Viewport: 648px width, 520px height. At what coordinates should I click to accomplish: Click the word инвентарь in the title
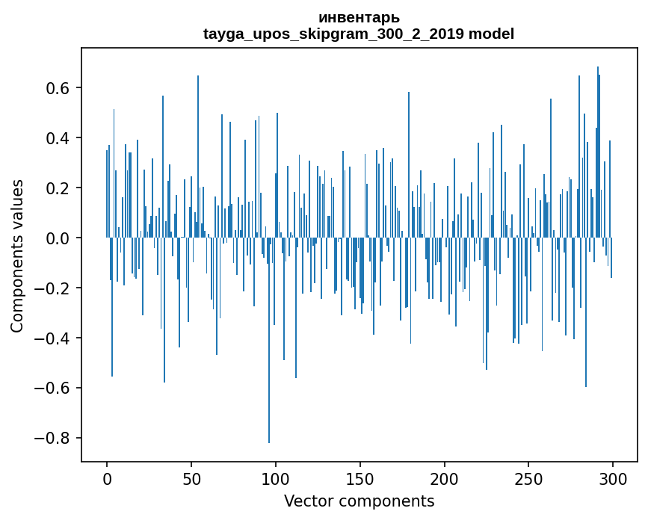tap(359, 17)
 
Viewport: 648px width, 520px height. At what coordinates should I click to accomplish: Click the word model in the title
tap(492, 34)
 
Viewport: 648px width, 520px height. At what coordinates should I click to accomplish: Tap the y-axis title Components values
tap(17, 256)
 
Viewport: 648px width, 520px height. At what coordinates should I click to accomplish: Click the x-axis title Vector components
tap(359, 501)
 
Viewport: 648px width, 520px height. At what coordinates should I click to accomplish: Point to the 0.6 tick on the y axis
tap(58, 88)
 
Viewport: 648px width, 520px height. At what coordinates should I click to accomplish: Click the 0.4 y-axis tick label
tap(58, 138)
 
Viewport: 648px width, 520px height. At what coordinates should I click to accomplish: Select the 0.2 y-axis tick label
tap(58, 188)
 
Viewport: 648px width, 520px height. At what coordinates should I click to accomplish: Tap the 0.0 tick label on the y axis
tap(58, 238)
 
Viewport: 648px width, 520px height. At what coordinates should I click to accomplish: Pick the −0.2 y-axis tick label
tap(54, 288)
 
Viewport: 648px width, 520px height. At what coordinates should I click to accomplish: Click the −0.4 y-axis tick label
tap(54, 338)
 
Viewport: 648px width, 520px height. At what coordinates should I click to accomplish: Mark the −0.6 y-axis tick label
tap(54, 389)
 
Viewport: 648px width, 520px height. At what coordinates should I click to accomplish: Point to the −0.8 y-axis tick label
tap(54, 439)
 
